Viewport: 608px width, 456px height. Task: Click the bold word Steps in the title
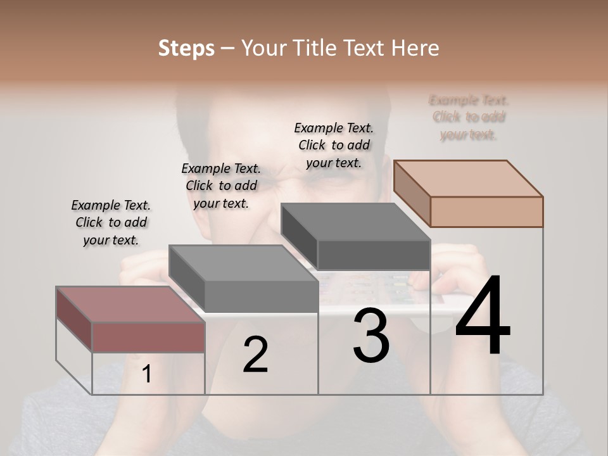click(x=186, y=48)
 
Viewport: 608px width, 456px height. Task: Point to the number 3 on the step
click(x=371, y=335)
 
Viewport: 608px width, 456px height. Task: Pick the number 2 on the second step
click(x=255, y=355)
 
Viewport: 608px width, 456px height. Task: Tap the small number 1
click(x=146, y=374)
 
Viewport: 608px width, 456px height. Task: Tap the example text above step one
click(x=111, y=222)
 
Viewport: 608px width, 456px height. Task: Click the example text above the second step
click(x=221, y=186)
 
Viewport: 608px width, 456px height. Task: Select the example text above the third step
click(x=334, y=145)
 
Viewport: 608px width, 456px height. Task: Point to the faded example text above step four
click(x=469, y=117)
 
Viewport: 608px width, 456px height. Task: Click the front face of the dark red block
click(x=148, y=338)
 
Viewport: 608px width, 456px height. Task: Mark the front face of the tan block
click(x=486, y=212)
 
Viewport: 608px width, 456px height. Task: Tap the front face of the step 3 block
click(x=374, y=255)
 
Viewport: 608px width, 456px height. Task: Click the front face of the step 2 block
click(x=261, y=296)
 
